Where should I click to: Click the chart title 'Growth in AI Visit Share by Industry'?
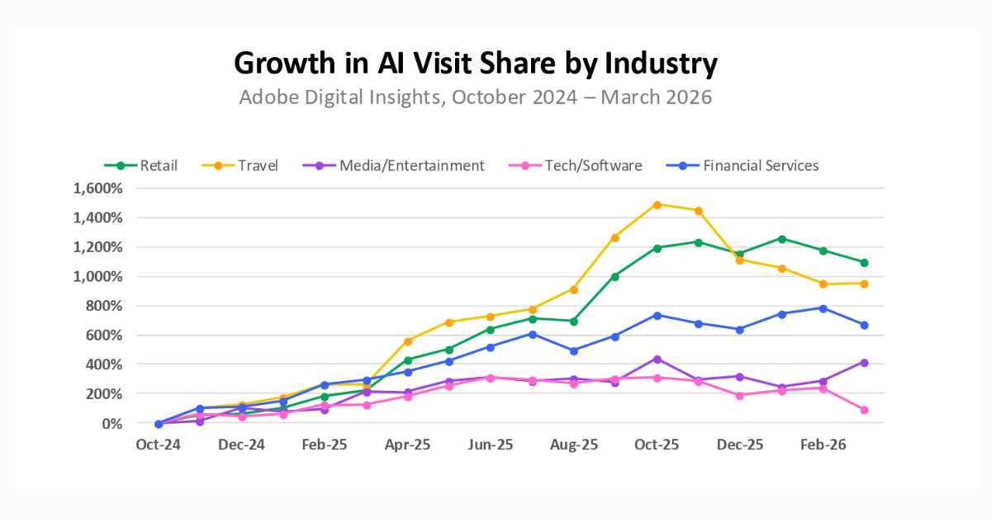click(476, 63)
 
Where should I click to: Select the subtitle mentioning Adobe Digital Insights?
click(476, 97)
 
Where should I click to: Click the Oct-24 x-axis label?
click(159, 445)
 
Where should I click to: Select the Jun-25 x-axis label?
click(491, 445)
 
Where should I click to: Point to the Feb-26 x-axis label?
click(823, 445)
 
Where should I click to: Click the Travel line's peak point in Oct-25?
click(657, 204)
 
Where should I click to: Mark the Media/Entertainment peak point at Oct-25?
click(657, 359)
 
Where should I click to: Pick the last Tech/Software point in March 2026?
click(864, 410)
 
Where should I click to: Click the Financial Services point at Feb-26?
click(823, 308)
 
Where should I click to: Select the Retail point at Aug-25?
click(574, 321)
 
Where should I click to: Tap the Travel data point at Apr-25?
click(408, 341)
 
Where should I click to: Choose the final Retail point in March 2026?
click(864, 263)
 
